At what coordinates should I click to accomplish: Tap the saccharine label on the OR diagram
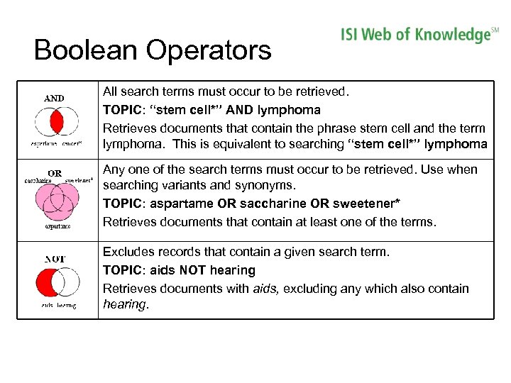pyautogui.click(x=38, y=181)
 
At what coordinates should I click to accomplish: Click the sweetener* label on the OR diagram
pyautogui.click(x=79, y=181)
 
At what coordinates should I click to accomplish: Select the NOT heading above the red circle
pyautogui.click(x=55, y=259)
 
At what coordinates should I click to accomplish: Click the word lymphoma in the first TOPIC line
pyautogui.click(x=292, y=110)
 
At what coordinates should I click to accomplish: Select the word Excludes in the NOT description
pyautogui.click(x=128, y=252)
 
